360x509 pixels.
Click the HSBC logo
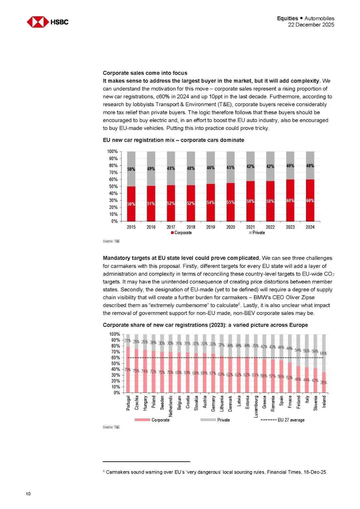tap(47, 22)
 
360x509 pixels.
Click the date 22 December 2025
tap(311, 25)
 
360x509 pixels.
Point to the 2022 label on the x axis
tap(270, 227)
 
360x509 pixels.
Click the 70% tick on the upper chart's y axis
tap(113, 172)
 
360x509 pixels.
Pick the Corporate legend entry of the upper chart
tap(181, 233)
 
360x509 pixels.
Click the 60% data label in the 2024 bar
tap(310, 201)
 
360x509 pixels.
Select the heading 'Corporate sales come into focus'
tap(145, 73)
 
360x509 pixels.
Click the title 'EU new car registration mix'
tap(173, 140)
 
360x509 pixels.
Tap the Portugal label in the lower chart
tap(128, 403)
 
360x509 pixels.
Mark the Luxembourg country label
tap(256, 406)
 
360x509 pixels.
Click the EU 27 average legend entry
tap(283, 420)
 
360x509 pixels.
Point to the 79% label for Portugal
tap(127, 370)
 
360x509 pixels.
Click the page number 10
tap(28, 494)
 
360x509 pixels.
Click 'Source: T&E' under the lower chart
tap(111, 427)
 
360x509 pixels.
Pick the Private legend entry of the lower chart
tap(215, 420)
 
